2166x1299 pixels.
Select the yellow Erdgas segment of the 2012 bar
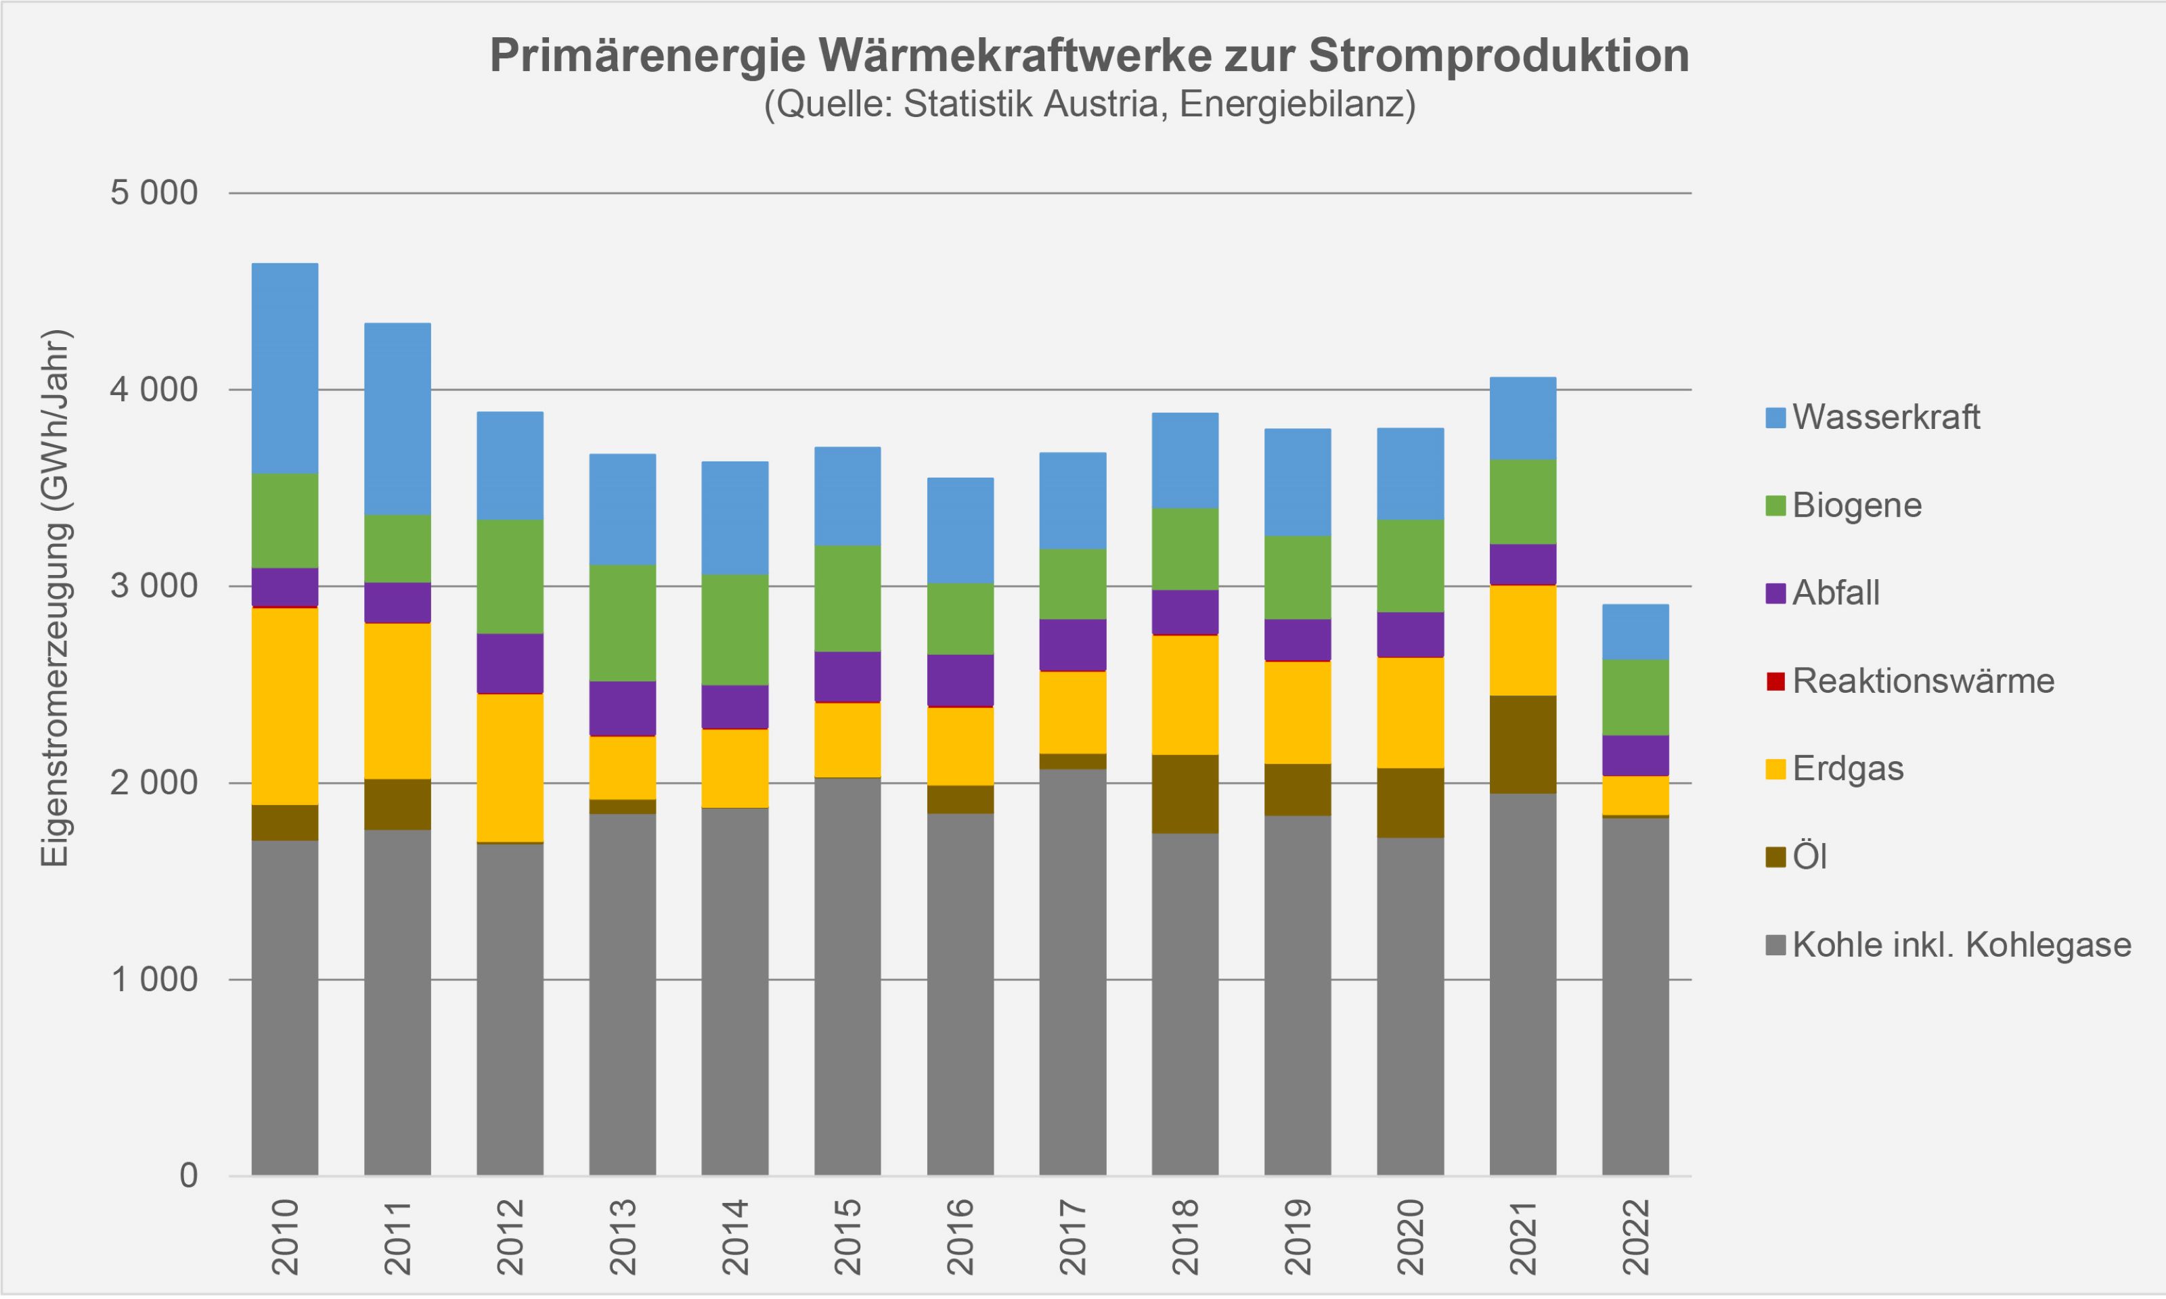click(x=510, y=768)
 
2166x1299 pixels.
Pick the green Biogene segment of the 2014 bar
click(x=734, y=629)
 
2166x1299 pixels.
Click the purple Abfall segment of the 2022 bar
click(x=1635, y=756)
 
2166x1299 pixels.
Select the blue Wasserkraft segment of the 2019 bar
click(x=1298, y=482)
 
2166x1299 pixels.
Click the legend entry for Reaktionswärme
click(x=1922, y=681)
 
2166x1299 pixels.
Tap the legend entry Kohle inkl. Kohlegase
click(x=1961, y=945)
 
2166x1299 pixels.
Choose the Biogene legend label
click(x=1857, y=505)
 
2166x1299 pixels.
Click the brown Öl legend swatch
click(x=1775, y=858)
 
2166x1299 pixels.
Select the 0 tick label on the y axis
click(x=188, y=1176)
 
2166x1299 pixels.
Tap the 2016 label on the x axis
click(x=960, y=1237)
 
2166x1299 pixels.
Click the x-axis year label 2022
click(x=1635, y=1237)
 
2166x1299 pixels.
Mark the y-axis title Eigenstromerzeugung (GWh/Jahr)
click(x=54, y=599)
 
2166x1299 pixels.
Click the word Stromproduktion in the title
click(x=1499, y=56)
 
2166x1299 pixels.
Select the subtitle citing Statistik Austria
click(x=1089, y=105)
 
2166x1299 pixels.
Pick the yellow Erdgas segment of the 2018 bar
click(x=1185, y=694)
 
